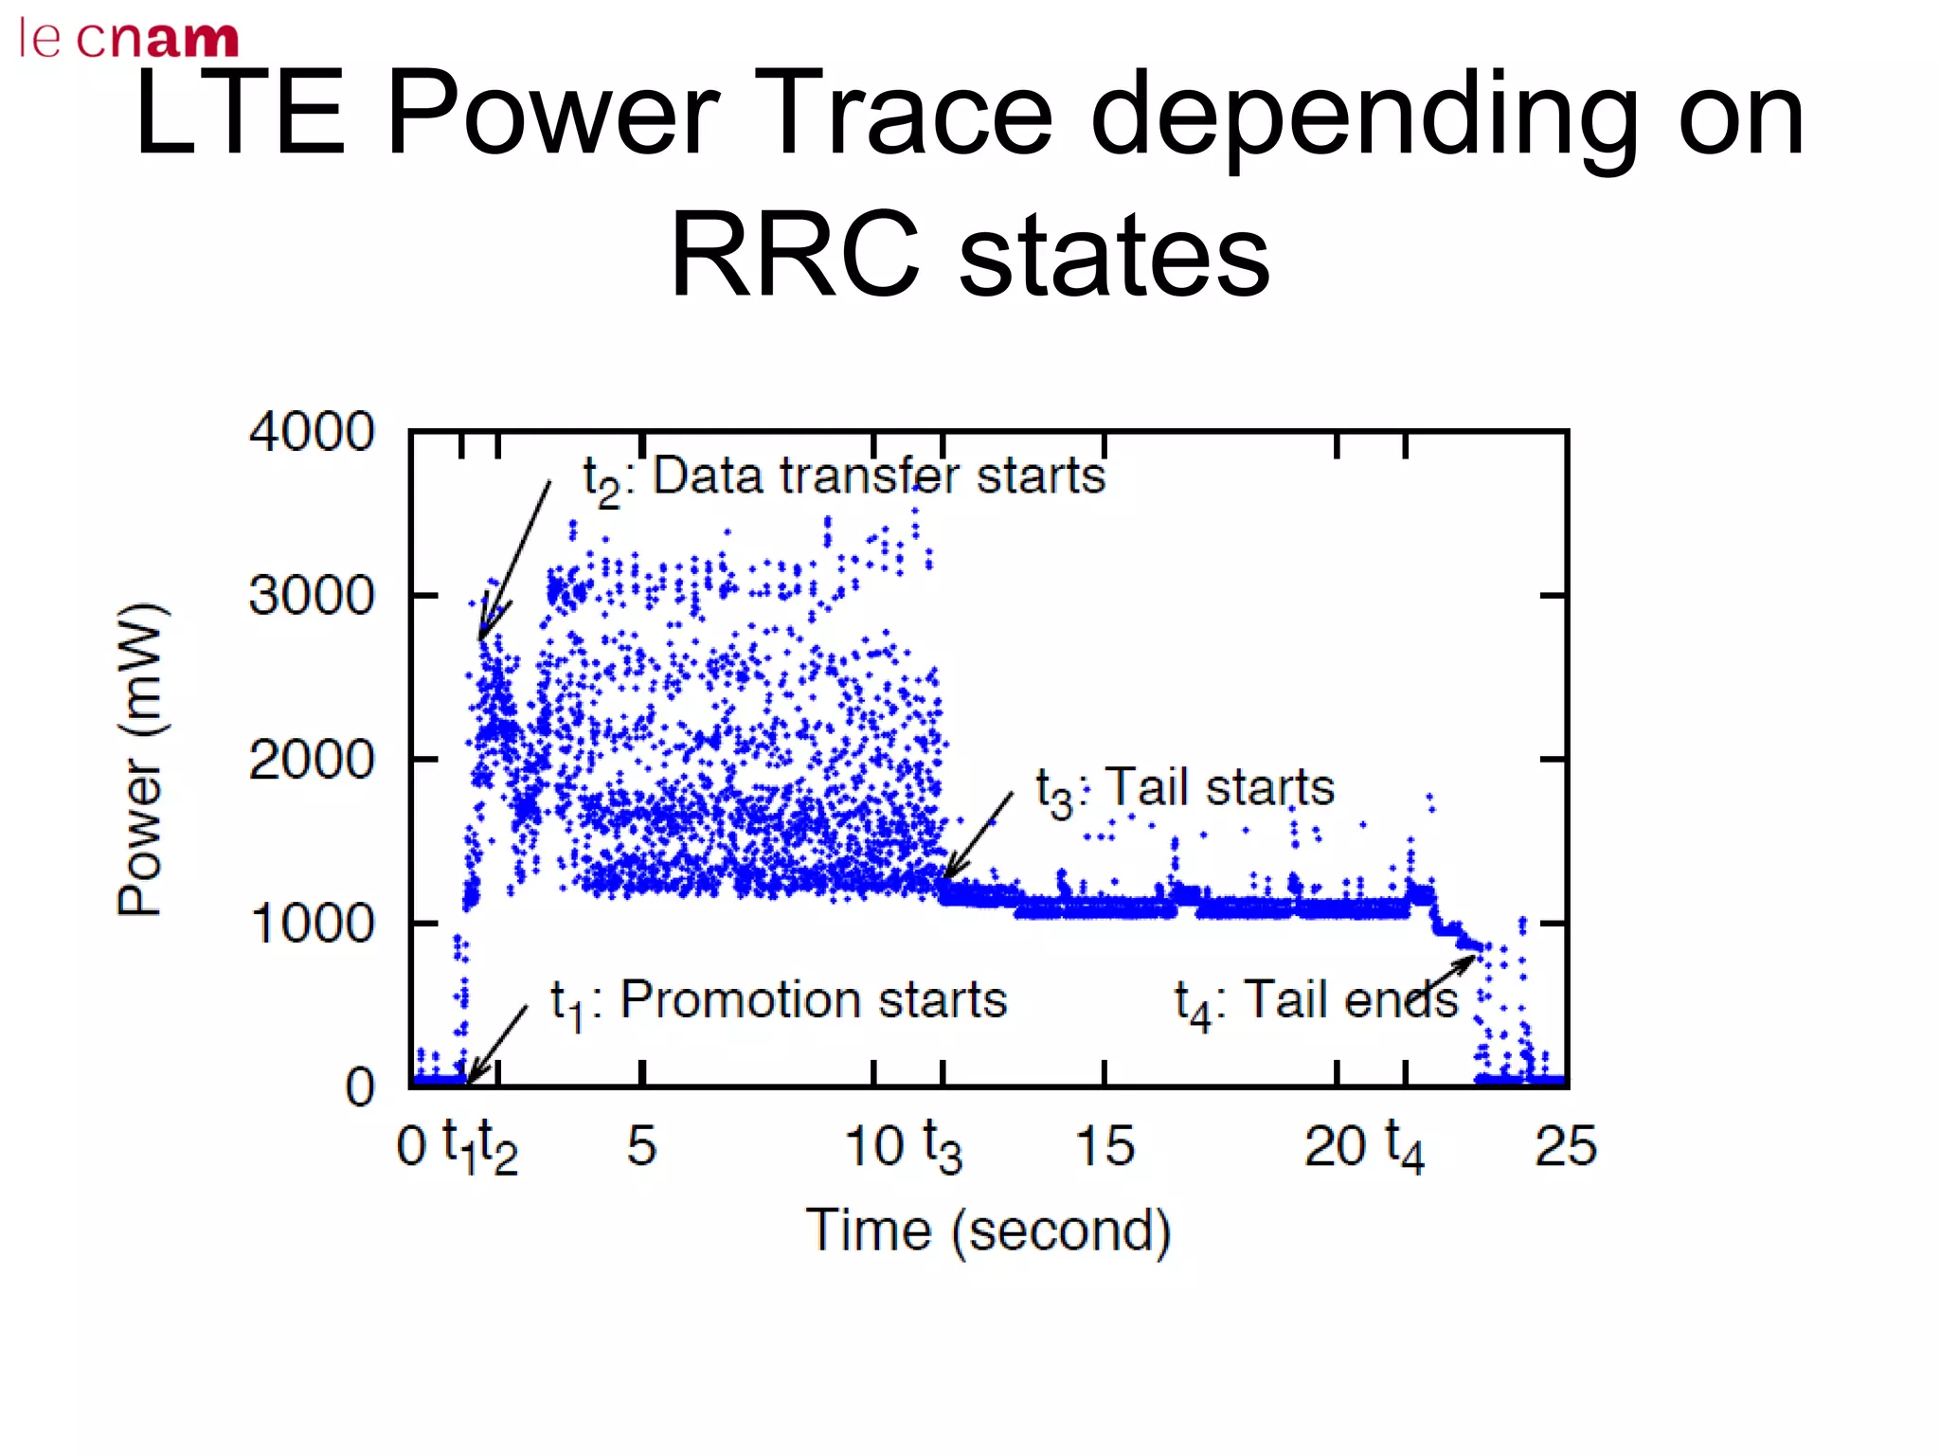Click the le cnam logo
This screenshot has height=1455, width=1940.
point(129,38)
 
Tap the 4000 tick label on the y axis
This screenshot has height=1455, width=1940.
point(312,432)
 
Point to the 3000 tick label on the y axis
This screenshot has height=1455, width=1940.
point(312,597)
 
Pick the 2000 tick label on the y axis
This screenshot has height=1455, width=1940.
point(312,760)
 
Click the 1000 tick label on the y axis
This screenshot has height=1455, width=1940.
point(312,924)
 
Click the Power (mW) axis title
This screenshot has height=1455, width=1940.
point(141,758)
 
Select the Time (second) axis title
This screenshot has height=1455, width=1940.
point(988,1230)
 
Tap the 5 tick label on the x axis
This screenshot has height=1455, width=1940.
point(641,1146)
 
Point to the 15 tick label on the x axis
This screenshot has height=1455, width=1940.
point(1105,1146)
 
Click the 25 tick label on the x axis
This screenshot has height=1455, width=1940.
point(1566,1146)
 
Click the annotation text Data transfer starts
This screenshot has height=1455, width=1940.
point(878,476)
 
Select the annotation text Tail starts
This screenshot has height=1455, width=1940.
point(1220,788)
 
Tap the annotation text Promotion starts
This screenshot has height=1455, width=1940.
point(813,1000)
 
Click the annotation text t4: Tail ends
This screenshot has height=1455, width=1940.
point(1317,1002)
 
